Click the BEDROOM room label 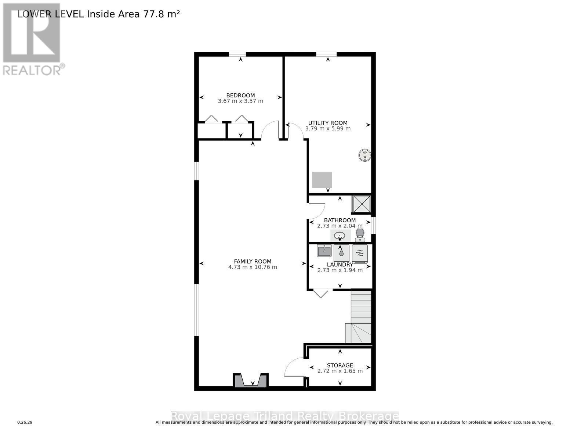240,95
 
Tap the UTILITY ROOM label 328,123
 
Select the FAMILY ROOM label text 253,261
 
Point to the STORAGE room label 340,365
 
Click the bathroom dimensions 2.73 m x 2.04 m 340,226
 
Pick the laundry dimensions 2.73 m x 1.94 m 340,270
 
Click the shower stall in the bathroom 362,204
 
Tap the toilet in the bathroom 360,235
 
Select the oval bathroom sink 340,236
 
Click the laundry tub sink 324,251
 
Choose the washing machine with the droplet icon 341,253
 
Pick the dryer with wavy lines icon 360,253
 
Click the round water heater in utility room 364,155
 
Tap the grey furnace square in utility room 322,180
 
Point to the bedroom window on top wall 237,54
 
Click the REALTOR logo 32,39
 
